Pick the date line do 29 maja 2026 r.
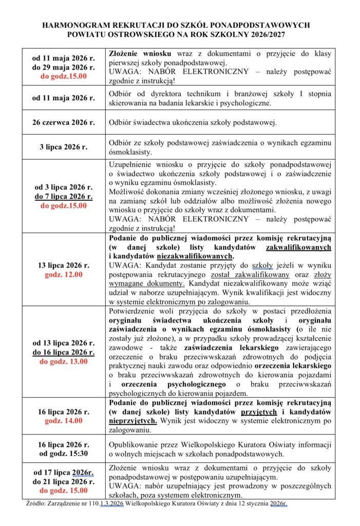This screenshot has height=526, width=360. (x=64, y=67)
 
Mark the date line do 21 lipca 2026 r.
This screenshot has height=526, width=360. (x=64, y=482)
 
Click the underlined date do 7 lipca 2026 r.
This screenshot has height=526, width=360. (x=64, y=197)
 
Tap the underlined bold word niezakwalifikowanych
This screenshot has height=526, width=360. (x=193, y=255)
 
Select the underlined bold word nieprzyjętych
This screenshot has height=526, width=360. (x=133, y=420)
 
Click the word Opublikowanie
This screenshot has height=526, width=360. (x=135, y=444)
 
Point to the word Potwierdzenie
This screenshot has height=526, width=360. (x=135, y=311)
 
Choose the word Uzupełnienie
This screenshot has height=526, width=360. (x=132, y=164)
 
